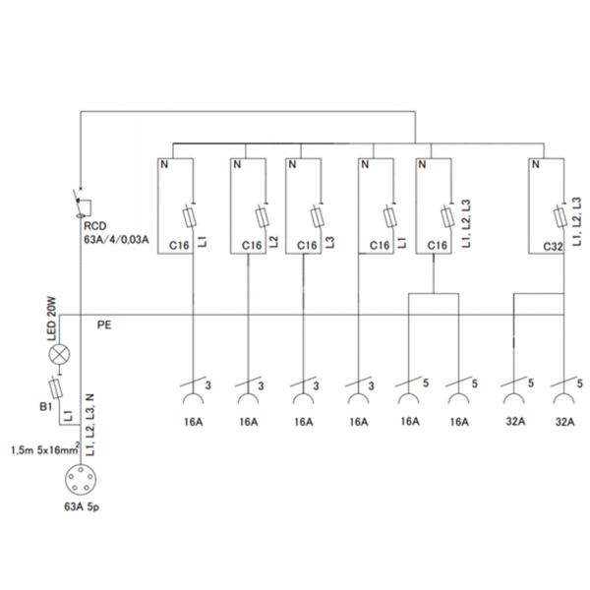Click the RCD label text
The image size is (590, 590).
[95, 224]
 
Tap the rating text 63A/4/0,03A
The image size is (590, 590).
[116, 239]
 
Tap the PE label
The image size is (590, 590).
[104, 324]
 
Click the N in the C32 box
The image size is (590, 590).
[536, 165]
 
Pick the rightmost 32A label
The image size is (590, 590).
[562, 422]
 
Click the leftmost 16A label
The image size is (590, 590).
[194, 422]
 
